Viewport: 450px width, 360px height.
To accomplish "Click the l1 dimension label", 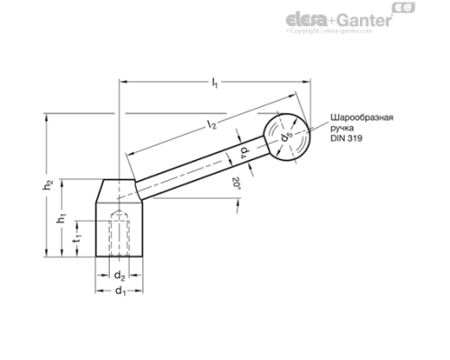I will (x=214, y=84).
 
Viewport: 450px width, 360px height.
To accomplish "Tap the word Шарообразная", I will (x=363, y=118).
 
